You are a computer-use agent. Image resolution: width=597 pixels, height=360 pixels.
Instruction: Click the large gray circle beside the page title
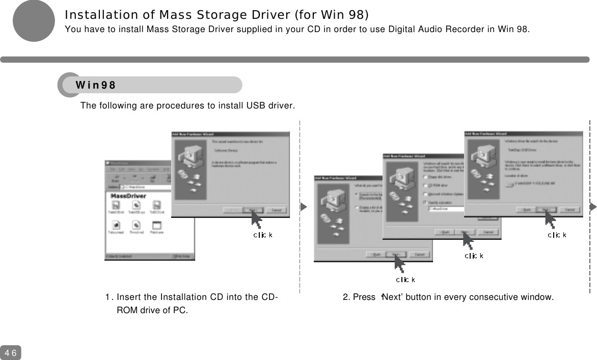34,20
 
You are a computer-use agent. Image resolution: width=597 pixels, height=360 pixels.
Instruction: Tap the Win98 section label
96,85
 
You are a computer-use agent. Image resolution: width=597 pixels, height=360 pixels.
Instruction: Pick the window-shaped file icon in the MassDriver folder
157,225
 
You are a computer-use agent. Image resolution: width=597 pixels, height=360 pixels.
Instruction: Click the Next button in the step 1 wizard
251,210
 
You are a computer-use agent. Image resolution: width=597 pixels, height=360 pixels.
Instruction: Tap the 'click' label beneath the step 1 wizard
263,235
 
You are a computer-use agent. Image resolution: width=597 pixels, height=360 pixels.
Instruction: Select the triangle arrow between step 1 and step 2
304,207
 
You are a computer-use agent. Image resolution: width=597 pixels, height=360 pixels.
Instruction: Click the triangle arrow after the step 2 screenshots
593,207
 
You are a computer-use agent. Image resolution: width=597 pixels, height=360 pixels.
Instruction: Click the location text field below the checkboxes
446,208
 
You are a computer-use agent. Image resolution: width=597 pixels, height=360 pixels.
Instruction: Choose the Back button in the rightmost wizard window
525,209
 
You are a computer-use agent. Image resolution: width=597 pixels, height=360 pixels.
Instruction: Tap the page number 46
11,353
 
